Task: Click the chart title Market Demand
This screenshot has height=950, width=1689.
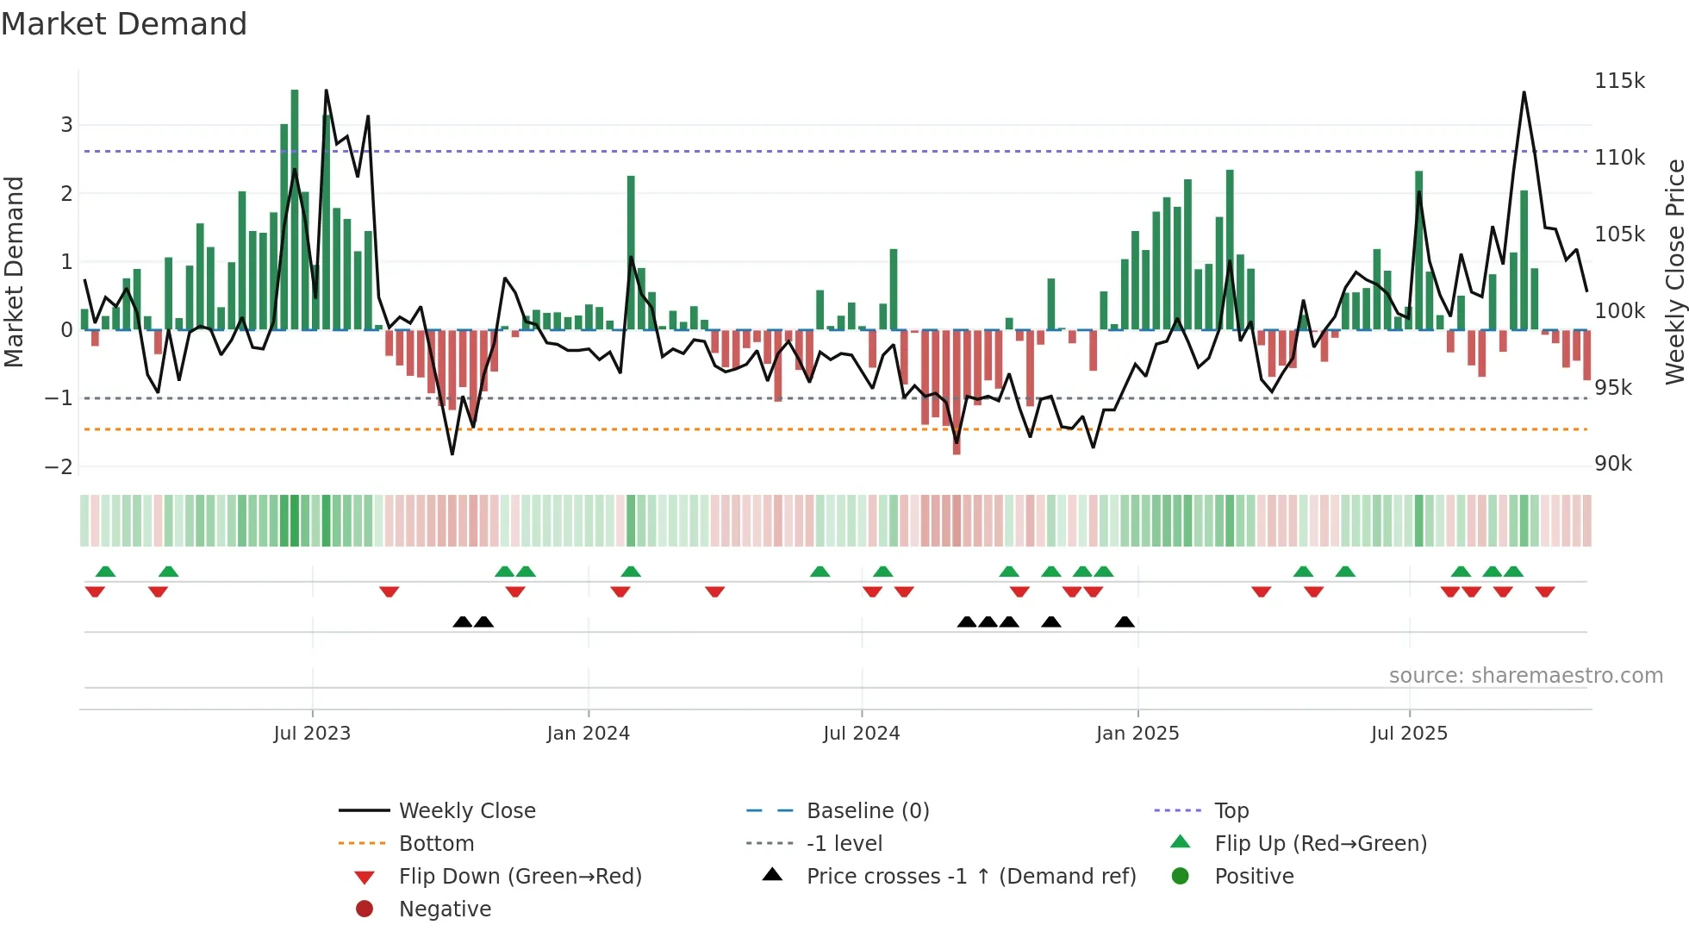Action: click(x=124, y=24)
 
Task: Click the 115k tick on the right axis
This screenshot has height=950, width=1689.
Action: click(x=1619, y=81)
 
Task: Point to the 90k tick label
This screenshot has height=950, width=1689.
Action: click(x=1613, y=464)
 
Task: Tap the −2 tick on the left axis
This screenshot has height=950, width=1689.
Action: click(x=59, y=466)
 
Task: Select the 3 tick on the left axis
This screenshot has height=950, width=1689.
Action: click(x=66, y=125)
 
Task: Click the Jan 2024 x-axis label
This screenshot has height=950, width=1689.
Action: click(x=588, y=734)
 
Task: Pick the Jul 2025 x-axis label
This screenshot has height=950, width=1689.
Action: click(x=1409, y=734)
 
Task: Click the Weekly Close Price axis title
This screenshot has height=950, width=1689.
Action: click(x=1674, y=272)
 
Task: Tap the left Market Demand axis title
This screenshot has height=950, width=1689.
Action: click(x=15, y=272)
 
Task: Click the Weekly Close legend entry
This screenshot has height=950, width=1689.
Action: click(x=466, y=810)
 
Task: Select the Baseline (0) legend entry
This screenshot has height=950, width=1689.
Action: click(x=867, y=810)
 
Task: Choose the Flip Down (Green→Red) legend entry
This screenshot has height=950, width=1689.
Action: click(x=520, y=877)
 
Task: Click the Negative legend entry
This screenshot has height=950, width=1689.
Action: click(x=445, y=909)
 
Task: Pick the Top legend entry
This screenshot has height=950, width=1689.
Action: click(x=1231, y=810)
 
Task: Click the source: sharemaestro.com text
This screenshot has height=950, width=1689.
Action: click(x=1525, y=676)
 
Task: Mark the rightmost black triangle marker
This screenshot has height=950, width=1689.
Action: click(x=1125, y=622)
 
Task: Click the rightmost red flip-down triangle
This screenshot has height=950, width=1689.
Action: click(x=1544, y=591)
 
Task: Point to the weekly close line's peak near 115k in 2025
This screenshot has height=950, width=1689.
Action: click(x=1524, y=92)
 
